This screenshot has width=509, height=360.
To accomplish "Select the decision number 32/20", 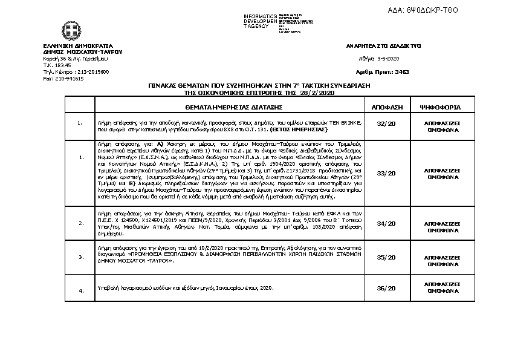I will tap(386, 124).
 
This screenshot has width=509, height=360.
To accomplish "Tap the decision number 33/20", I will tap(386, 173).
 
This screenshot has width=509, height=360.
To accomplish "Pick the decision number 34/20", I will tap(386, 223).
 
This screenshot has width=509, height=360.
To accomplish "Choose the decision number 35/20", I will tap(386, 257).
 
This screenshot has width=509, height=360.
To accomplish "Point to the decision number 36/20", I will tap(386, 289).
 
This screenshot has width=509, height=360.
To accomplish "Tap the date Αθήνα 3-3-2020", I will tap(379, 59).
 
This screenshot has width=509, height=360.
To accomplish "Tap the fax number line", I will tap(63, 79).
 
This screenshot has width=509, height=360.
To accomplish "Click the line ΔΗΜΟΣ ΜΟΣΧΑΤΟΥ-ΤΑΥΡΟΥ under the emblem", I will tap(83, 52).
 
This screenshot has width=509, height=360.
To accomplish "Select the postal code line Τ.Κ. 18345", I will tap(57, 65).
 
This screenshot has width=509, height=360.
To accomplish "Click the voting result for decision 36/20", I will tap(444, 289).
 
